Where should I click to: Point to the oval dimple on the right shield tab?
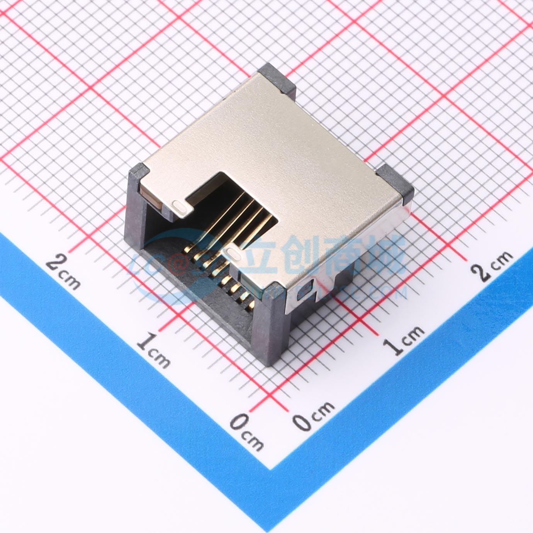233,253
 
